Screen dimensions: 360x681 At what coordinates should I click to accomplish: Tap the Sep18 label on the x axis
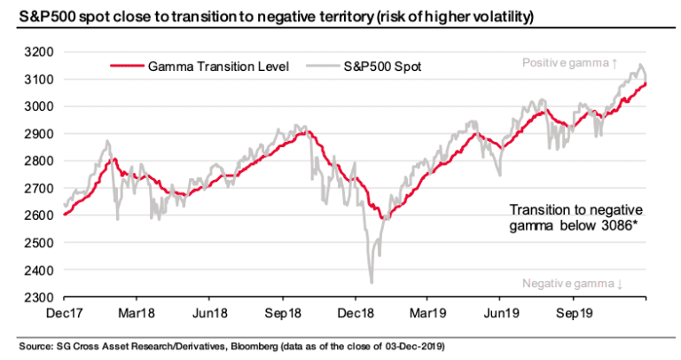tap(284, 314)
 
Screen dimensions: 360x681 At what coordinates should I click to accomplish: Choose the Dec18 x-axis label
tap(356, 314)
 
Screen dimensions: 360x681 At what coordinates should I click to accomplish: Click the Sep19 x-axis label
tap(573, 314)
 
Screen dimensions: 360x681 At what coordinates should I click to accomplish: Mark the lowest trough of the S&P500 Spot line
tap(371, 282)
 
